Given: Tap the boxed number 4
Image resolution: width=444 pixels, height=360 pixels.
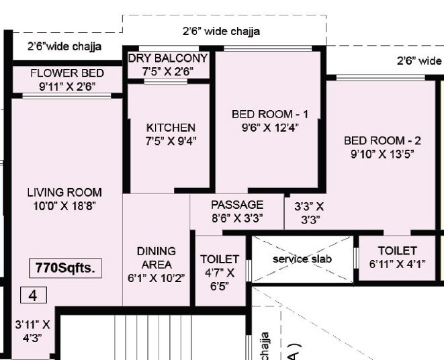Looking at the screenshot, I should coord(32,295).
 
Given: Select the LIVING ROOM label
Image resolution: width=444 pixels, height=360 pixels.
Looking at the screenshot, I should coord(64,193).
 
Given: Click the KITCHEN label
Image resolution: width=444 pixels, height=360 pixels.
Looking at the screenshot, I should coord(171,128).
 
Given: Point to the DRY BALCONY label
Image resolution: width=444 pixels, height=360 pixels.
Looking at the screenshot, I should coord(168,58).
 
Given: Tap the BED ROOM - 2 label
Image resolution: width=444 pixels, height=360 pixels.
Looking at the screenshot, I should coord(382,141).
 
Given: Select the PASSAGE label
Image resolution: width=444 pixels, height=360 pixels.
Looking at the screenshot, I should coord(237,205).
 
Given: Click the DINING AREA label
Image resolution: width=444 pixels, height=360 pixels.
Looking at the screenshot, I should coord(156,258).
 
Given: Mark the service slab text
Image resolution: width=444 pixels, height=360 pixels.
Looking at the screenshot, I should coord(302,259).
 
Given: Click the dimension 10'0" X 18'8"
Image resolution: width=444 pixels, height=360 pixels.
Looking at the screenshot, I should coord(64,206).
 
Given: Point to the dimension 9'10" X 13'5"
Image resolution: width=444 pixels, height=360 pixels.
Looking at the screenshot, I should coord(382,154).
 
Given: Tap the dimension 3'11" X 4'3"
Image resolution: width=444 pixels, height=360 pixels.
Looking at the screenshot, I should coord(33,331).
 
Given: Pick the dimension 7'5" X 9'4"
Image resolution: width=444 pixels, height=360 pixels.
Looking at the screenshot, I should coord(171,140).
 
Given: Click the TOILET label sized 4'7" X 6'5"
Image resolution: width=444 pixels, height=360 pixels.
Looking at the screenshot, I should coord(220,259).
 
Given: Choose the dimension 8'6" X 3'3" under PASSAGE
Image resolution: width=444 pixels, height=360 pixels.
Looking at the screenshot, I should coord(237,218).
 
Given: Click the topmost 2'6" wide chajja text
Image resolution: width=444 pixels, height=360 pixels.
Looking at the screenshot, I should coord(221,31).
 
